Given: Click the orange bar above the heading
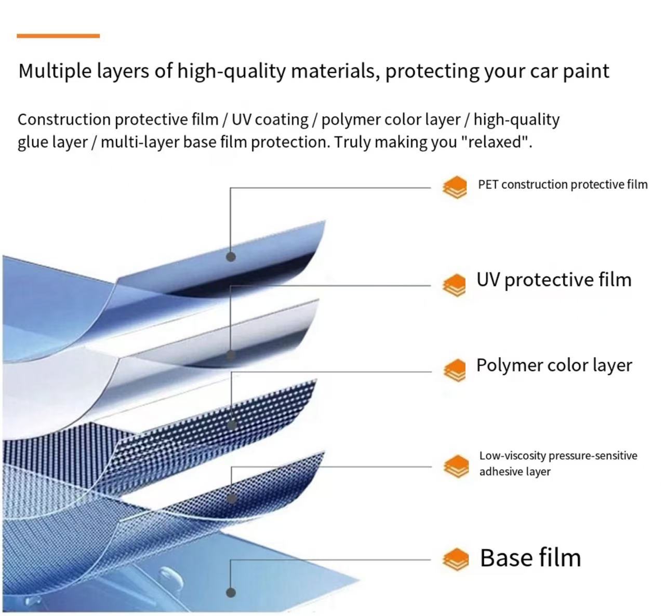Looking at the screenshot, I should coord(58,36).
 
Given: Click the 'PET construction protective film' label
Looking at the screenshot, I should coord(562,185).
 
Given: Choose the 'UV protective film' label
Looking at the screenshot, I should coord(554,280).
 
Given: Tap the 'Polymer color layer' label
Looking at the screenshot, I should coord(554,365).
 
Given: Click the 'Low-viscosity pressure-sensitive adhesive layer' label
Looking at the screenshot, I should coord(557,463).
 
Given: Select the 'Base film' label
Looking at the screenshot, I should coord(530,558).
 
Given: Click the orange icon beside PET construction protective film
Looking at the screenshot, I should coord(455,187).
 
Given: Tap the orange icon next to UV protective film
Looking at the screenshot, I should coord(455,285).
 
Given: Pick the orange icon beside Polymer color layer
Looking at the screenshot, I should coord(455,370).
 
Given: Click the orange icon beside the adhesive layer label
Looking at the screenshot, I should coord(456,466).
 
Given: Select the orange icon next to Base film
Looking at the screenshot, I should coord(455,559).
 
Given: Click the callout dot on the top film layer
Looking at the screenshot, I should coord(231,256).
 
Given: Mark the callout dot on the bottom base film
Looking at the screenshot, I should coord(231,592).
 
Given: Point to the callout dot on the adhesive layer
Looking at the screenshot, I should coord(232,499).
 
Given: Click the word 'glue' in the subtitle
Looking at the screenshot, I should coord(33,142).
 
